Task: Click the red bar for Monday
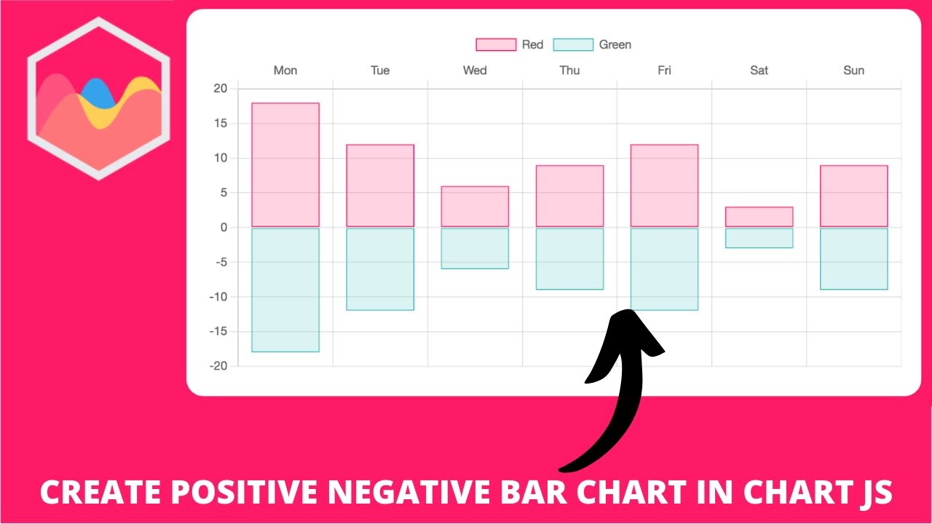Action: (285, 165)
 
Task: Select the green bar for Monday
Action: (285, 290)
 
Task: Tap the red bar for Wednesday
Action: (475, 207)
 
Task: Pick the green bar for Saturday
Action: (759, 238)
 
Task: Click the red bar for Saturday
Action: (759, 217)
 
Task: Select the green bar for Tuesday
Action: (380, 269)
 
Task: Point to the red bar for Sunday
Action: (853, 196)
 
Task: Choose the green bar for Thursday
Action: (569, 259)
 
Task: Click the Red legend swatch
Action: (496, 45)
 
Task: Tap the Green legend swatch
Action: (573, 45)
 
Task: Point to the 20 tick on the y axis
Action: (221, 89)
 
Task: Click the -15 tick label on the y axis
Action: (218, 332)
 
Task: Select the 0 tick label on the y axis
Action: (224, 228)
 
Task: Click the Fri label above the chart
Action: (664, 71)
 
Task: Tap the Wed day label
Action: (475, 71)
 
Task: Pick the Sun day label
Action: (853, 71)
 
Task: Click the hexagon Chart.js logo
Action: (99, 98)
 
